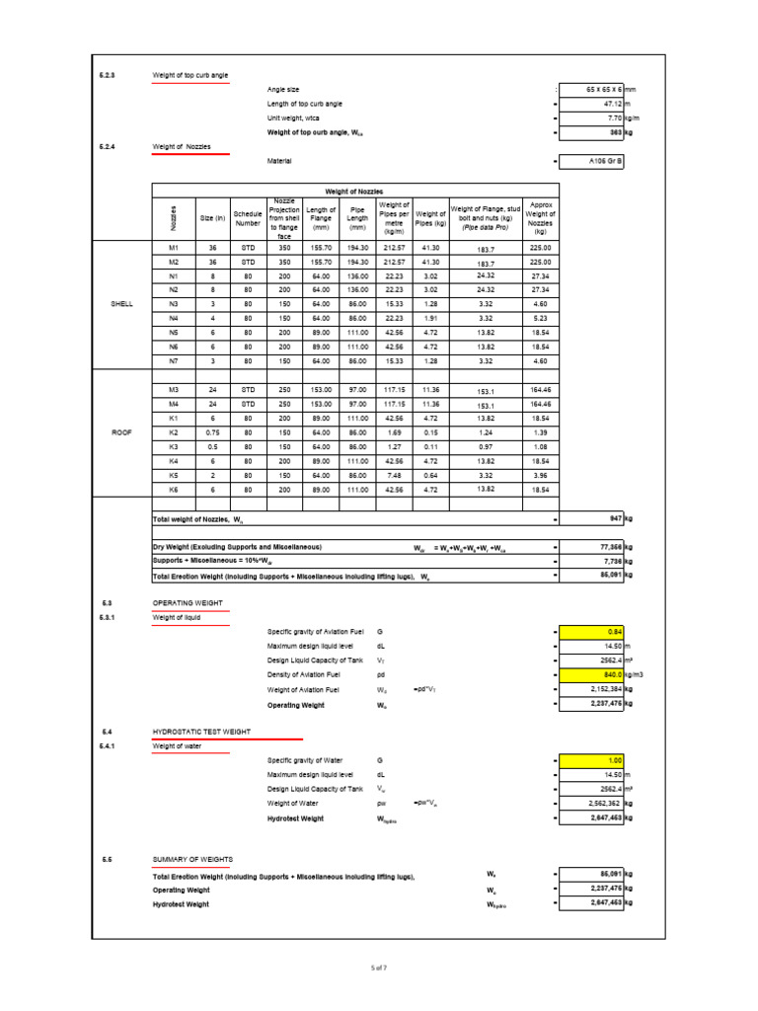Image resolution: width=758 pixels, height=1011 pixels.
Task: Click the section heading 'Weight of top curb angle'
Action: pos(189,75)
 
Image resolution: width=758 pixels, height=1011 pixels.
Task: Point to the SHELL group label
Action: pos(121,305)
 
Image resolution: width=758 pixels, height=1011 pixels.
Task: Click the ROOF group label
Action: pos(121,432)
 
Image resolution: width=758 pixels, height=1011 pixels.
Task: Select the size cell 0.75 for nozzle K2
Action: pos(214,433)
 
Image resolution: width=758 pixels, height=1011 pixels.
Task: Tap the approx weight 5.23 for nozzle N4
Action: pos(540,319)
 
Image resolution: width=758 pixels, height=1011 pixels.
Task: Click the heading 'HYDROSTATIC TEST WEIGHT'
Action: pos(201,732)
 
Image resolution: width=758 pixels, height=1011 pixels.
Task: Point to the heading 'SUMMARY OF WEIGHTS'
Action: pos(191,860)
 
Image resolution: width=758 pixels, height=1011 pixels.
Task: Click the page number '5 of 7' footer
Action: pos(379,969)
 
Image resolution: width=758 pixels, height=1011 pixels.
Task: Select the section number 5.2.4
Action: pos(108,146)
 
